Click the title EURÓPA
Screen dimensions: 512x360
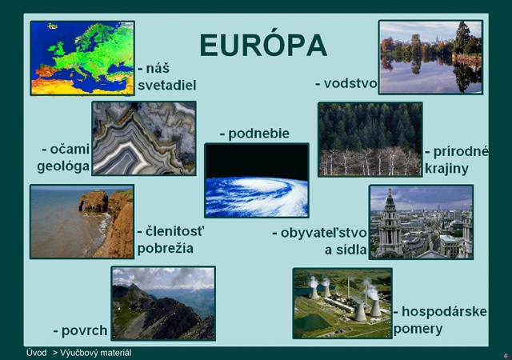coord(263,44)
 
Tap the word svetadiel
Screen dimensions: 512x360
coord(167,86)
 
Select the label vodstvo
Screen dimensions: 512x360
coord(350,84)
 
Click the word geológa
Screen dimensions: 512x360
coord(63,166)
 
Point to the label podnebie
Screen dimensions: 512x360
coord(258,134)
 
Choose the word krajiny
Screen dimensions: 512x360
coord(446,169)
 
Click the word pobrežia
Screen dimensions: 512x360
coord(166,248)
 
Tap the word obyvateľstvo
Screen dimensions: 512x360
coord(323,233)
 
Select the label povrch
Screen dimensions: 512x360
coord(84,331)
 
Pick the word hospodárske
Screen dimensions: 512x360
coord(444,312)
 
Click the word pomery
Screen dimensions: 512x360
coord(418,329)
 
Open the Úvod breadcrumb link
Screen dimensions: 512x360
coord(36,353)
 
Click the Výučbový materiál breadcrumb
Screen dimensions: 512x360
coord(96,353)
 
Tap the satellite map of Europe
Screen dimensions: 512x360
coord(82,58)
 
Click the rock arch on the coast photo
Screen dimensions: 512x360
coord(93,202)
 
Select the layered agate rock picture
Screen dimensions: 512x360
coord(144,138)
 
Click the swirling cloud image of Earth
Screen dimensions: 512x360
coord(257,180)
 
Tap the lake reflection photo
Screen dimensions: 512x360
coord(430,58)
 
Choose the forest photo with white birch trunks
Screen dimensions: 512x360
coord(370,139)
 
